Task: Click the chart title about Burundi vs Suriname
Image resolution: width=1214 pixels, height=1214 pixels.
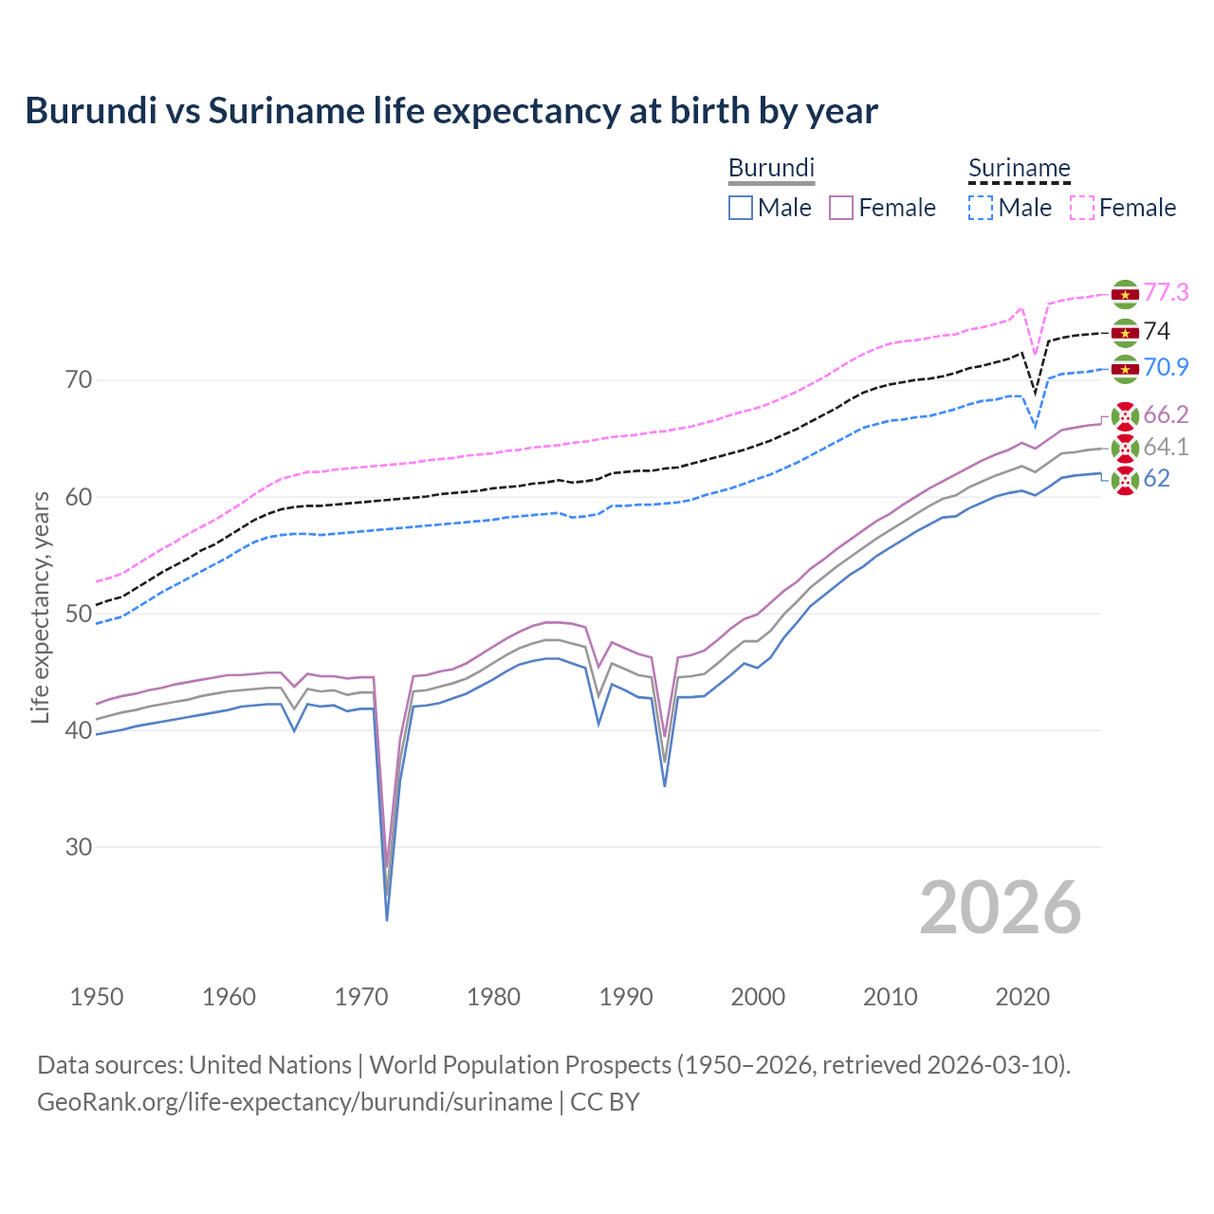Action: click(451, 111)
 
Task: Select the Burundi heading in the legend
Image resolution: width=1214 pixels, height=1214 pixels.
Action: click(771, 168)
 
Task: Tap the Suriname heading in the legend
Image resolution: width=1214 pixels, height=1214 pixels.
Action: click(1019, 168)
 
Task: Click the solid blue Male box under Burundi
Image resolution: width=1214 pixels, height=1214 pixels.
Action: click(741, 208)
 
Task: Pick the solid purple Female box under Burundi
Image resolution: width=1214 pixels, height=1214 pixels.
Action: click(842, 208)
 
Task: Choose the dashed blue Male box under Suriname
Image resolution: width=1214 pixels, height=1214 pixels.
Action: click(981, 208)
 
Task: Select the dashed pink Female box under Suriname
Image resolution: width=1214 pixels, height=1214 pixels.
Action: click(1081, 208)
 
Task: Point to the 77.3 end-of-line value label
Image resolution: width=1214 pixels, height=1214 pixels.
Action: click(1166, 292)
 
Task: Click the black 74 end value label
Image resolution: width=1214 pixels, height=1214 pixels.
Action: click(1156, 331)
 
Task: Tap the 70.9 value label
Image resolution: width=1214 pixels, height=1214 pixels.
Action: click(1166, 367)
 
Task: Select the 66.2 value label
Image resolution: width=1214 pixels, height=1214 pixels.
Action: click(1166, 414)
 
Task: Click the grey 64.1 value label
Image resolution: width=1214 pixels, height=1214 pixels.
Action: click(1166, 447)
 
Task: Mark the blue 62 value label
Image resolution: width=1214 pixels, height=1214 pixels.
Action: click(1156, 478)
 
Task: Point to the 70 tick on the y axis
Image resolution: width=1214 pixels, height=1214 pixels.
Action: click(79, 380)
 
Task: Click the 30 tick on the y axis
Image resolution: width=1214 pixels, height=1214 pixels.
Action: click(79, 847)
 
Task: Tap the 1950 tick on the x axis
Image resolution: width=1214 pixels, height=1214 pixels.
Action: click(97, 997)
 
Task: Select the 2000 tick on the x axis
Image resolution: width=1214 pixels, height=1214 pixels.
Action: click(758, 997)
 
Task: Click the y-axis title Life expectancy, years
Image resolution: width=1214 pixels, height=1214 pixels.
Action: click(41, 607)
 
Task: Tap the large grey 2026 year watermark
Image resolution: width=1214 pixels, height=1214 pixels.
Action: click(1000, 908)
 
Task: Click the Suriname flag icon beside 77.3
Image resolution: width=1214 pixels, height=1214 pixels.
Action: click(1124, 294)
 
